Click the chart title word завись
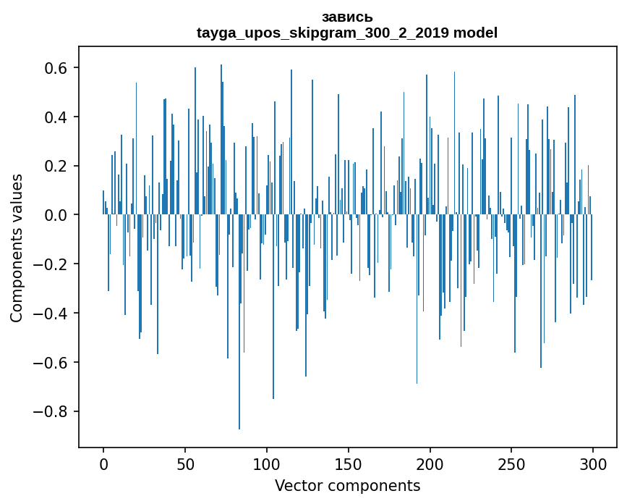tap(347, 17)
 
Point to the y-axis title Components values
tap(17, 248)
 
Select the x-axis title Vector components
tap(347, 486)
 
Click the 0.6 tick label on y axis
tap(57, 68)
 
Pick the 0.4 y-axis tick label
tap(57, 117)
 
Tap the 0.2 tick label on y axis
tap(57, 167)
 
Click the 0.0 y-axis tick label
tap(57, 216)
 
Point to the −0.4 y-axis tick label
tap(52, 314)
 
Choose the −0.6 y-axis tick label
tap(52, 363)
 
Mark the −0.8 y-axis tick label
tap(52, 412)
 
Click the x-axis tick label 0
tap(103, 463)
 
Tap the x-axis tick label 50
tap(185, 463)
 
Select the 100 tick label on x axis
tap(267, 463)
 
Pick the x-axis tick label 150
tap(349, 463)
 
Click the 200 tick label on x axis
tap(430, 463)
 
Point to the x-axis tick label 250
tap(511, 463)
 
